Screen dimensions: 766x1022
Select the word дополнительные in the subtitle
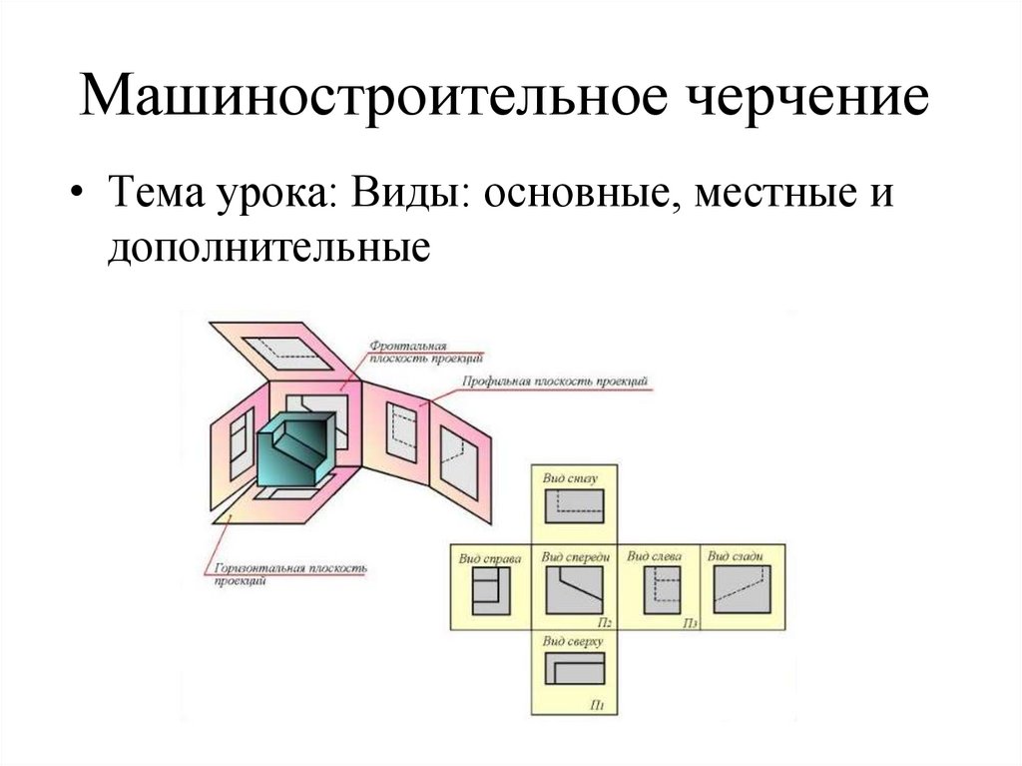[270, 246]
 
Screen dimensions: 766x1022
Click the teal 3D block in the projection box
[299, 449]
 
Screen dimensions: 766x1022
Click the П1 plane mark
[597, 706]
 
